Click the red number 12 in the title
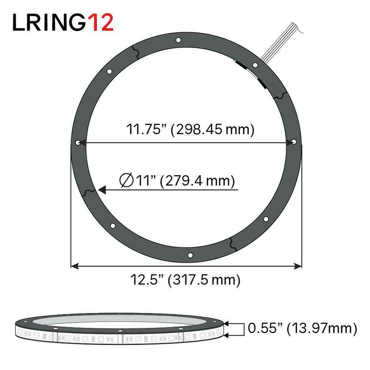(x=99, y=22)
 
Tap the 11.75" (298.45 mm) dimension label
(x=191, y=129)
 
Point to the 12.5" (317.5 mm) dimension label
(x=185, y=280)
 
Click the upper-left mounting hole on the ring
(x=109, y=72)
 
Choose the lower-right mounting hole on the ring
(x=265, y=219)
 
